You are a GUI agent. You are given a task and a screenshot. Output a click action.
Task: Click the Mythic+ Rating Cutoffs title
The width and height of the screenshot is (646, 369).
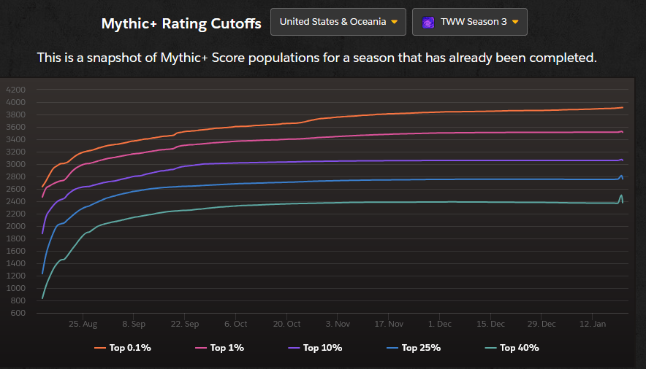click(x=181, y=23)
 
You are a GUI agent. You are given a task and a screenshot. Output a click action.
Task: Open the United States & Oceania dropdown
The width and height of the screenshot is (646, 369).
click(x=338, y=22)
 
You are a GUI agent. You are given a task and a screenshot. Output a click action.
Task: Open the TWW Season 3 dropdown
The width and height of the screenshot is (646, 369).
click(x=470, y=22)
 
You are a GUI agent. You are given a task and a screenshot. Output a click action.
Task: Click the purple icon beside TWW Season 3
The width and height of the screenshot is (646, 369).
click(x=428, y=22)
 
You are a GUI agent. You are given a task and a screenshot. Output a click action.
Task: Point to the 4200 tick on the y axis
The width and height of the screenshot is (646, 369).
click(x=15, y=90)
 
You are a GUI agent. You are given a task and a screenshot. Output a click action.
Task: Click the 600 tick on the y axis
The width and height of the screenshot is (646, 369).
click(x=18, y=314)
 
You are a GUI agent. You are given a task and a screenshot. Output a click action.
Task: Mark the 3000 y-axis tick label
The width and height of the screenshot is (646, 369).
click(x=15, y=165)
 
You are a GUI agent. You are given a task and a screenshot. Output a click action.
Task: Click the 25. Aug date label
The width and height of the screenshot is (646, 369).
click(x=83, y=324)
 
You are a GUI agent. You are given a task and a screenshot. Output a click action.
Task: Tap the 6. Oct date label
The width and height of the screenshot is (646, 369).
click(x=236, y=324)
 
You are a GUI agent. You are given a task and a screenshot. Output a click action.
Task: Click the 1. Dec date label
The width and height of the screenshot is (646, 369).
click(x=440, y=324)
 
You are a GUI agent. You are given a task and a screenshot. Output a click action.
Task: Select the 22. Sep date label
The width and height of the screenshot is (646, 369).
click(x=185, y=324)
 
